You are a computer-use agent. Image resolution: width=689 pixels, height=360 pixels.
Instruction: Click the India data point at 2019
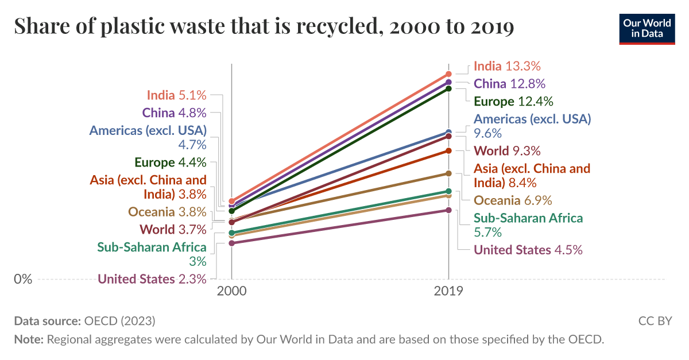click(449, 74)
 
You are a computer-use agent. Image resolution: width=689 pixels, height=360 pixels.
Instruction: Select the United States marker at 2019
click(449, 210)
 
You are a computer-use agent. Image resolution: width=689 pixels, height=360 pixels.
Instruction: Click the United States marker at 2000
click(232, 243)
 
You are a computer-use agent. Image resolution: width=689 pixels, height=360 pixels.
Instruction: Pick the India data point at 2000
click(232, 202)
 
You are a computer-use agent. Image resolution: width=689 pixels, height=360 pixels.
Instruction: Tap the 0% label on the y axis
click(23, 279)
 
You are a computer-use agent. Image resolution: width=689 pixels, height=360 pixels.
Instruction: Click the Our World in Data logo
click(647, 28)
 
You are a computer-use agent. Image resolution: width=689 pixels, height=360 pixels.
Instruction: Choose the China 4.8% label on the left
click(174, 113)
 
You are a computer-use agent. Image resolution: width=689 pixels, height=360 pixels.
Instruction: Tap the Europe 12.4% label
click(513, 102)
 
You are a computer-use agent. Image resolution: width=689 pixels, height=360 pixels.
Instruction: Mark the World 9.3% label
click(507, 151)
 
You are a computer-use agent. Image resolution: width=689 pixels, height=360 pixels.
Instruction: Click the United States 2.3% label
click(152, 279)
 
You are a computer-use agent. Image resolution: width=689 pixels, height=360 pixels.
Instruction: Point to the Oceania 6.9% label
click(513, 200)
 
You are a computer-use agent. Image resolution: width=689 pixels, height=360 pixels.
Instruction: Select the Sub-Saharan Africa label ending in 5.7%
click(528, 225)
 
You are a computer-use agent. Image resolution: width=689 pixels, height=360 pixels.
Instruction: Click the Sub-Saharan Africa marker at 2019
click(449, 191)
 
